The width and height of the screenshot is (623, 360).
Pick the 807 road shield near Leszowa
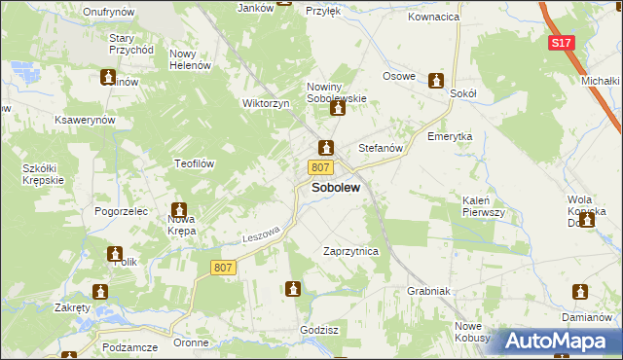223,267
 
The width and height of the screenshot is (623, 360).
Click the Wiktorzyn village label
267,103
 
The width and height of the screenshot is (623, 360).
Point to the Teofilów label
194,163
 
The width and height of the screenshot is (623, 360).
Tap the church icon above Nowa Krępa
180,209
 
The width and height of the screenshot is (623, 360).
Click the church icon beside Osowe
436,79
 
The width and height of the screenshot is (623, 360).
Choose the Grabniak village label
427,290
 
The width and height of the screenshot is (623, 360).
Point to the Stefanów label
381,148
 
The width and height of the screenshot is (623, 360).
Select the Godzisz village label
319,330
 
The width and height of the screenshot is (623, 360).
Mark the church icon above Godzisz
293,288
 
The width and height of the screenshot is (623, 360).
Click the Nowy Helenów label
190,59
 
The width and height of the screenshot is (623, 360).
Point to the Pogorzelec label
121,210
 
